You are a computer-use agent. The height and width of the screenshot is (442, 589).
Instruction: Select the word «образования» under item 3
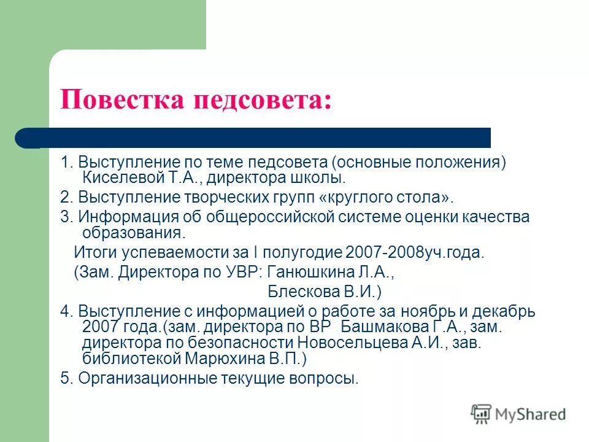131,233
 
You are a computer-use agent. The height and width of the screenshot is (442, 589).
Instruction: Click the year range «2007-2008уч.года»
415,252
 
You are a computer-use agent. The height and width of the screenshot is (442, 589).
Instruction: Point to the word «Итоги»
94,252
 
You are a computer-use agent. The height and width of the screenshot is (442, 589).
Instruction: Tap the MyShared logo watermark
518,414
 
